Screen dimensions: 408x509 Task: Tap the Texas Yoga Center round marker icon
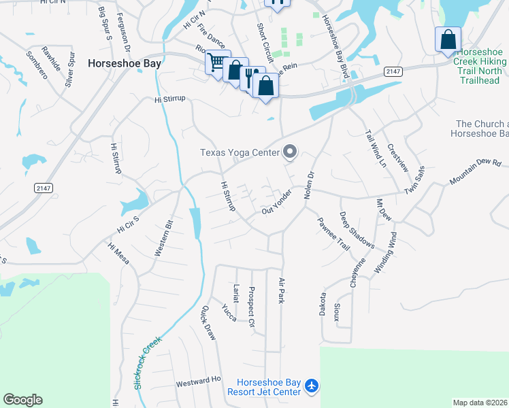pos(291,152)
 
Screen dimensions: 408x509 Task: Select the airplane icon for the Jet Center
pos(312,386)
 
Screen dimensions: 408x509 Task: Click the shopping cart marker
pos(216,63)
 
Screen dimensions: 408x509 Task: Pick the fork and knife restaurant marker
pos(250,75)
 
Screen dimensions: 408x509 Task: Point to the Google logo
pos(22,400)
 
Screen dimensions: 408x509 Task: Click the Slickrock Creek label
pos(148,354)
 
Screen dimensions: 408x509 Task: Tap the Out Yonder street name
pos(277,202)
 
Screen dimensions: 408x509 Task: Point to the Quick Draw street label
pos(208,322)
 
